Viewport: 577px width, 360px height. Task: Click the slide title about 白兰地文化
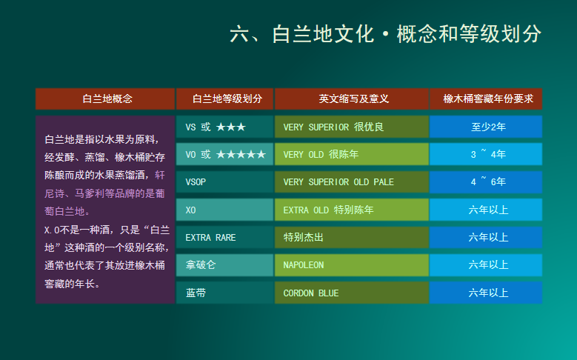coord(385,34)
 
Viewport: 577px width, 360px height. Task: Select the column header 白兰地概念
coord(105,99)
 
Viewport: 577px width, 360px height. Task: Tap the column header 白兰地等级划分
coord(225,99)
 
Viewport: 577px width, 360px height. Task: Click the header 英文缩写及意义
coord(352,99)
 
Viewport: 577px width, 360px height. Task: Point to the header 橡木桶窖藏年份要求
coord(486,99)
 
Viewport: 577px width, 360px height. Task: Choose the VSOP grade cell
coord(225,181)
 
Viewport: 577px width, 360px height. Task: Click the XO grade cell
coord(225,210)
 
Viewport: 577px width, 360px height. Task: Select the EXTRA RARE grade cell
coord(225,238)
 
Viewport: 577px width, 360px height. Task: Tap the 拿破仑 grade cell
coord(225,265)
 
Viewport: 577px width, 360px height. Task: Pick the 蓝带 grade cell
coord(225,293)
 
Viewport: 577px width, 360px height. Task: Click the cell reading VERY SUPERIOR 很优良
coord(352,127)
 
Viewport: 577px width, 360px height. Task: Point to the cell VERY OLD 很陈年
coord(352,154)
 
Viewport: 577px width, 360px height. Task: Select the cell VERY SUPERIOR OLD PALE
coord(352,181)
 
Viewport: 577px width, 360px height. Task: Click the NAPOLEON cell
coord(352,265)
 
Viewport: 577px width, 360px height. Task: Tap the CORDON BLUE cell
coord(352,293)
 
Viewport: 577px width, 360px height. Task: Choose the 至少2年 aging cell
coord(486,127)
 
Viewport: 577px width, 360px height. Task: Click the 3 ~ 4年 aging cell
coord(486,154)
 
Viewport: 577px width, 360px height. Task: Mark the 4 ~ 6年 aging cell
coord(486,181)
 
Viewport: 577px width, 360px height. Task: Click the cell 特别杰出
coord(352,238)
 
